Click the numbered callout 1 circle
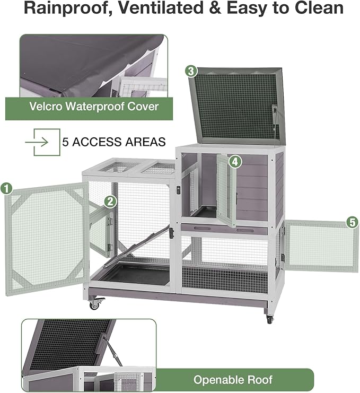(6, 188)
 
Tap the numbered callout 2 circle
(110, 201)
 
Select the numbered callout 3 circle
(191, 71)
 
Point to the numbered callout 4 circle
(234, 161)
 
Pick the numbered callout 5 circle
(352, 223)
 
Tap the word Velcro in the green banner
(46, 106)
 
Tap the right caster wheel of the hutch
(269, 319)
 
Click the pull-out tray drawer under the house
(228, 229)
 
